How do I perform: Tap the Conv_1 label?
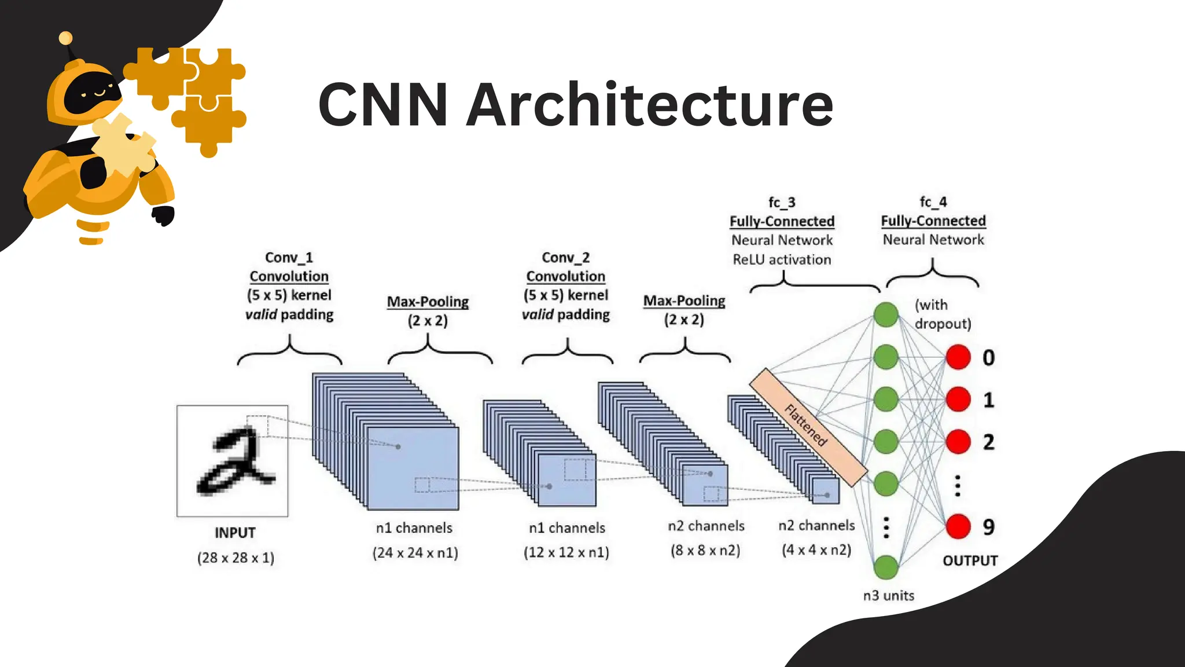[x=289, y=257]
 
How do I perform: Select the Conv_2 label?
[x=565, y=257]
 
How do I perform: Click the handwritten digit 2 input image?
[x=233, y=461]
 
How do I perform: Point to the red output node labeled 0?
[x=958, y=357]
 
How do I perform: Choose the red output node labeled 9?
[x=958, y=526]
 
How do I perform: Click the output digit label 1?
[x=988, y=400]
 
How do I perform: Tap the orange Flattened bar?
[x=808, y=427]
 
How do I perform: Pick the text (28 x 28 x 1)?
[x=235, y=558]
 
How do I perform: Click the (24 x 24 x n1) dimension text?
[x=415, y=552]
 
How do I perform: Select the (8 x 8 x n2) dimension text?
[x=705, y=549]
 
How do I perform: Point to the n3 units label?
[x=888, y=595]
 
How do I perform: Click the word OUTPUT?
[x=970, y=560]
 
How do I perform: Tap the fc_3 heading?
[x=782, y=202]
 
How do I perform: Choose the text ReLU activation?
[x=782, y=259]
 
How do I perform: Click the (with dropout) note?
[x=942, y=314]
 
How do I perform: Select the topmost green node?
[x=886, y=314]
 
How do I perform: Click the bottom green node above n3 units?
[x=886, y=567]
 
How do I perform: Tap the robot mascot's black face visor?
[x=93, y=93]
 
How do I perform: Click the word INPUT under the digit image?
[x=235, y=533]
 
